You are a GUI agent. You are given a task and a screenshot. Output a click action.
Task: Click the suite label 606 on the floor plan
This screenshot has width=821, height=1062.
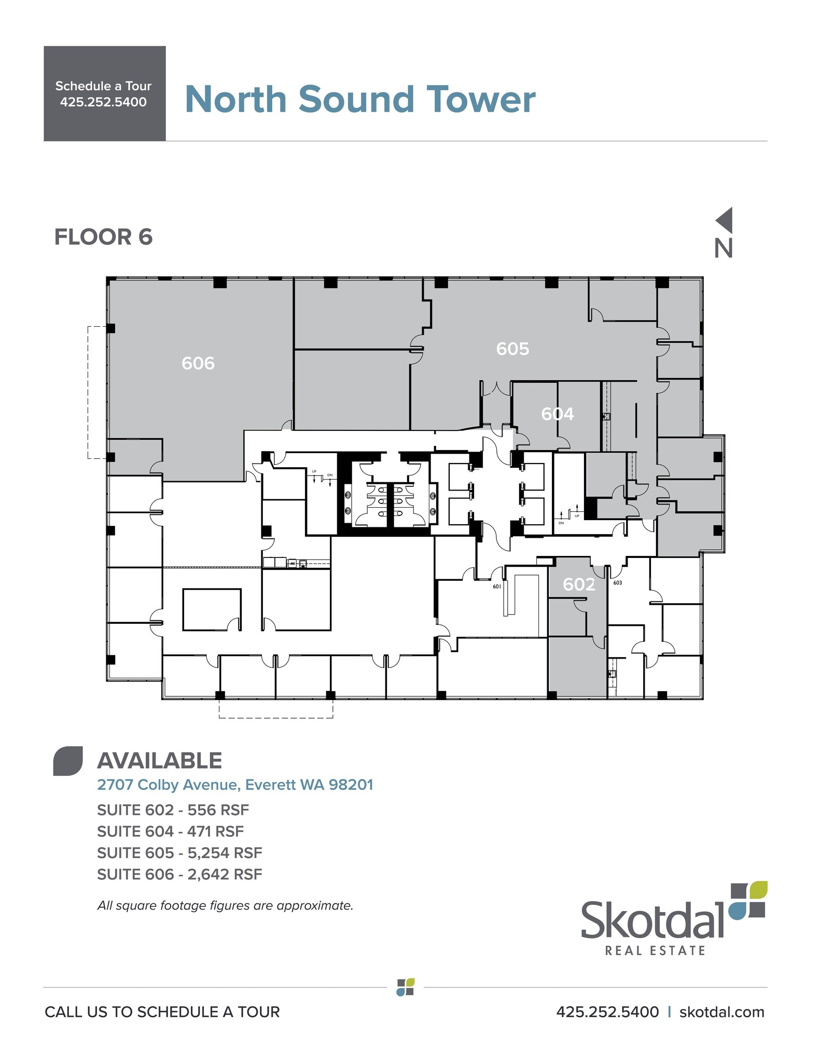tap(198, 363)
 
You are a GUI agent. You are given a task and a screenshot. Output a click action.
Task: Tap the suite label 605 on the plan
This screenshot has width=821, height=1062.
tap(512, 348)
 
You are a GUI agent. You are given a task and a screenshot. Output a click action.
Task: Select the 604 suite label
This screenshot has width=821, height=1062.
tap(557, 414)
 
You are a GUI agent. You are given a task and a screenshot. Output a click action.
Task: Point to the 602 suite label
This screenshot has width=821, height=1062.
tap(579, 584)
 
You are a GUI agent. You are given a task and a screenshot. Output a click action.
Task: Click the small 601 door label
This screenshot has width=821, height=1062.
tap(497, 586)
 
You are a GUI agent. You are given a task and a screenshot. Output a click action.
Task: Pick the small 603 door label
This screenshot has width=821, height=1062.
tap(617, 583)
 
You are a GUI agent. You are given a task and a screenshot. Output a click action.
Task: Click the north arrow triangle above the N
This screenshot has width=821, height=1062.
tap(725, 220)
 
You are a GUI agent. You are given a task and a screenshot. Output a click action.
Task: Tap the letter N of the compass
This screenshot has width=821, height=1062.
tap(723, 248)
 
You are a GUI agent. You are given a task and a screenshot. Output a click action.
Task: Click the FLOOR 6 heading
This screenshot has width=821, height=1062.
tap(103, 237)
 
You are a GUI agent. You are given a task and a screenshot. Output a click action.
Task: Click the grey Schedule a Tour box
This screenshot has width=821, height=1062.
tap(104, 93)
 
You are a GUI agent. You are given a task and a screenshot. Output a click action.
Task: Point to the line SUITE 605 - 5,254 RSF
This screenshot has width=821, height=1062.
tap(179, 853)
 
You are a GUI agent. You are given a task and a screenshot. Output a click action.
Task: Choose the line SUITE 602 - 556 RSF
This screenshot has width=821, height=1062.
tap(173, 809)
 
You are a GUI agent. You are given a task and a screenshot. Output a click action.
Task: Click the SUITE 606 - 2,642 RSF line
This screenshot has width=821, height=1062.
tap(179, 874)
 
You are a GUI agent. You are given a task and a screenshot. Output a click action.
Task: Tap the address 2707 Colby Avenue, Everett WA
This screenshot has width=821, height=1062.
tap(235, 785)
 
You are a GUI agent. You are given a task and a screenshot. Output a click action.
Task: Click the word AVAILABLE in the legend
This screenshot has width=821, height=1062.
tap(160, 761)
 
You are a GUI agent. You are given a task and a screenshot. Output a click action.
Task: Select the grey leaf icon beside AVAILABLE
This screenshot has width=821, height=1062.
tap(68, 761)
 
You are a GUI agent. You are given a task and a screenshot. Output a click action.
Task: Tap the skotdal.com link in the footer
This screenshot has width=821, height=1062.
tap(721, 1012)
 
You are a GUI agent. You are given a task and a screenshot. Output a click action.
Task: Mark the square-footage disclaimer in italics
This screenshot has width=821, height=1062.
tap(225, 905)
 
